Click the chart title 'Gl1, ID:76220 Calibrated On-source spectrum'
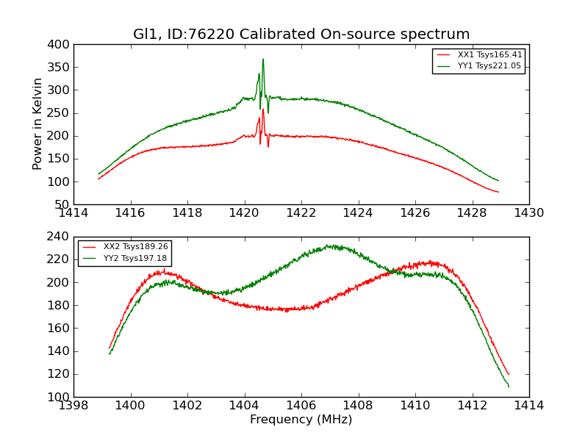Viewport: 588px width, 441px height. [301, 35]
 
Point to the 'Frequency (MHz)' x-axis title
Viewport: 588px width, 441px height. [301, 420]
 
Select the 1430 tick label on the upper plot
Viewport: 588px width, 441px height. [529, 213]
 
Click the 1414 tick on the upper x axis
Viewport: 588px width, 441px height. [73, 213]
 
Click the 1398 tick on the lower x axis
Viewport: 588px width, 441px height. [73, 405]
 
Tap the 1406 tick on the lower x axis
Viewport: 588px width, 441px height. [301, 405]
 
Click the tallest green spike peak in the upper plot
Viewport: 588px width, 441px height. [263, 60]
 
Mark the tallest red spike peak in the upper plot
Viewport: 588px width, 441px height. [263, 110]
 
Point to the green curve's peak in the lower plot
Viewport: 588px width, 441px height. [331, 245]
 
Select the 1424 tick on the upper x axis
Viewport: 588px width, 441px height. [358, 213]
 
